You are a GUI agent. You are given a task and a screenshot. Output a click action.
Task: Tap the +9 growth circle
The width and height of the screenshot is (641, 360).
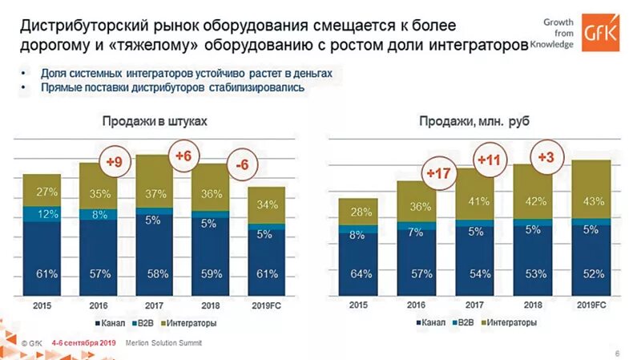115,163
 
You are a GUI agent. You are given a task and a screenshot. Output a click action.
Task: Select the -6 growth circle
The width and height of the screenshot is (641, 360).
241,165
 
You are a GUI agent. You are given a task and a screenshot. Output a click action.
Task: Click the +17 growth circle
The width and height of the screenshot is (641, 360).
439,173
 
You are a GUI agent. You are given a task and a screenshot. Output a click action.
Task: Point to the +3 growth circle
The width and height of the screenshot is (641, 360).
546,157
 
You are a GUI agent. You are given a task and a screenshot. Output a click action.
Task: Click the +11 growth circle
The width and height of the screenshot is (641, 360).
489,160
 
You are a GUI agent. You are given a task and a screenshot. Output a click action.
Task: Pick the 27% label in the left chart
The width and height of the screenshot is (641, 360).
47,192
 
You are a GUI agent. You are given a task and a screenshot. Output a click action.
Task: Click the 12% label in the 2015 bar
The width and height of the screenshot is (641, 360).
47,215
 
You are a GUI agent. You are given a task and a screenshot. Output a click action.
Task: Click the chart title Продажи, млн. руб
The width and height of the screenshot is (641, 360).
473,121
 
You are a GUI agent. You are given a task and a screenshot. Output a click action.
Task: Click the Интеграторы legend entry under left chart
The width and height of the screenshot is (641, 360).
192,323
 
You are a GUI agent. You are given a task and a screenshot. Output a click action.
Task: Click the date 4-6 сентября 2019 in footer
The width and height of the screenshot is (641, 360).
83,343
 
